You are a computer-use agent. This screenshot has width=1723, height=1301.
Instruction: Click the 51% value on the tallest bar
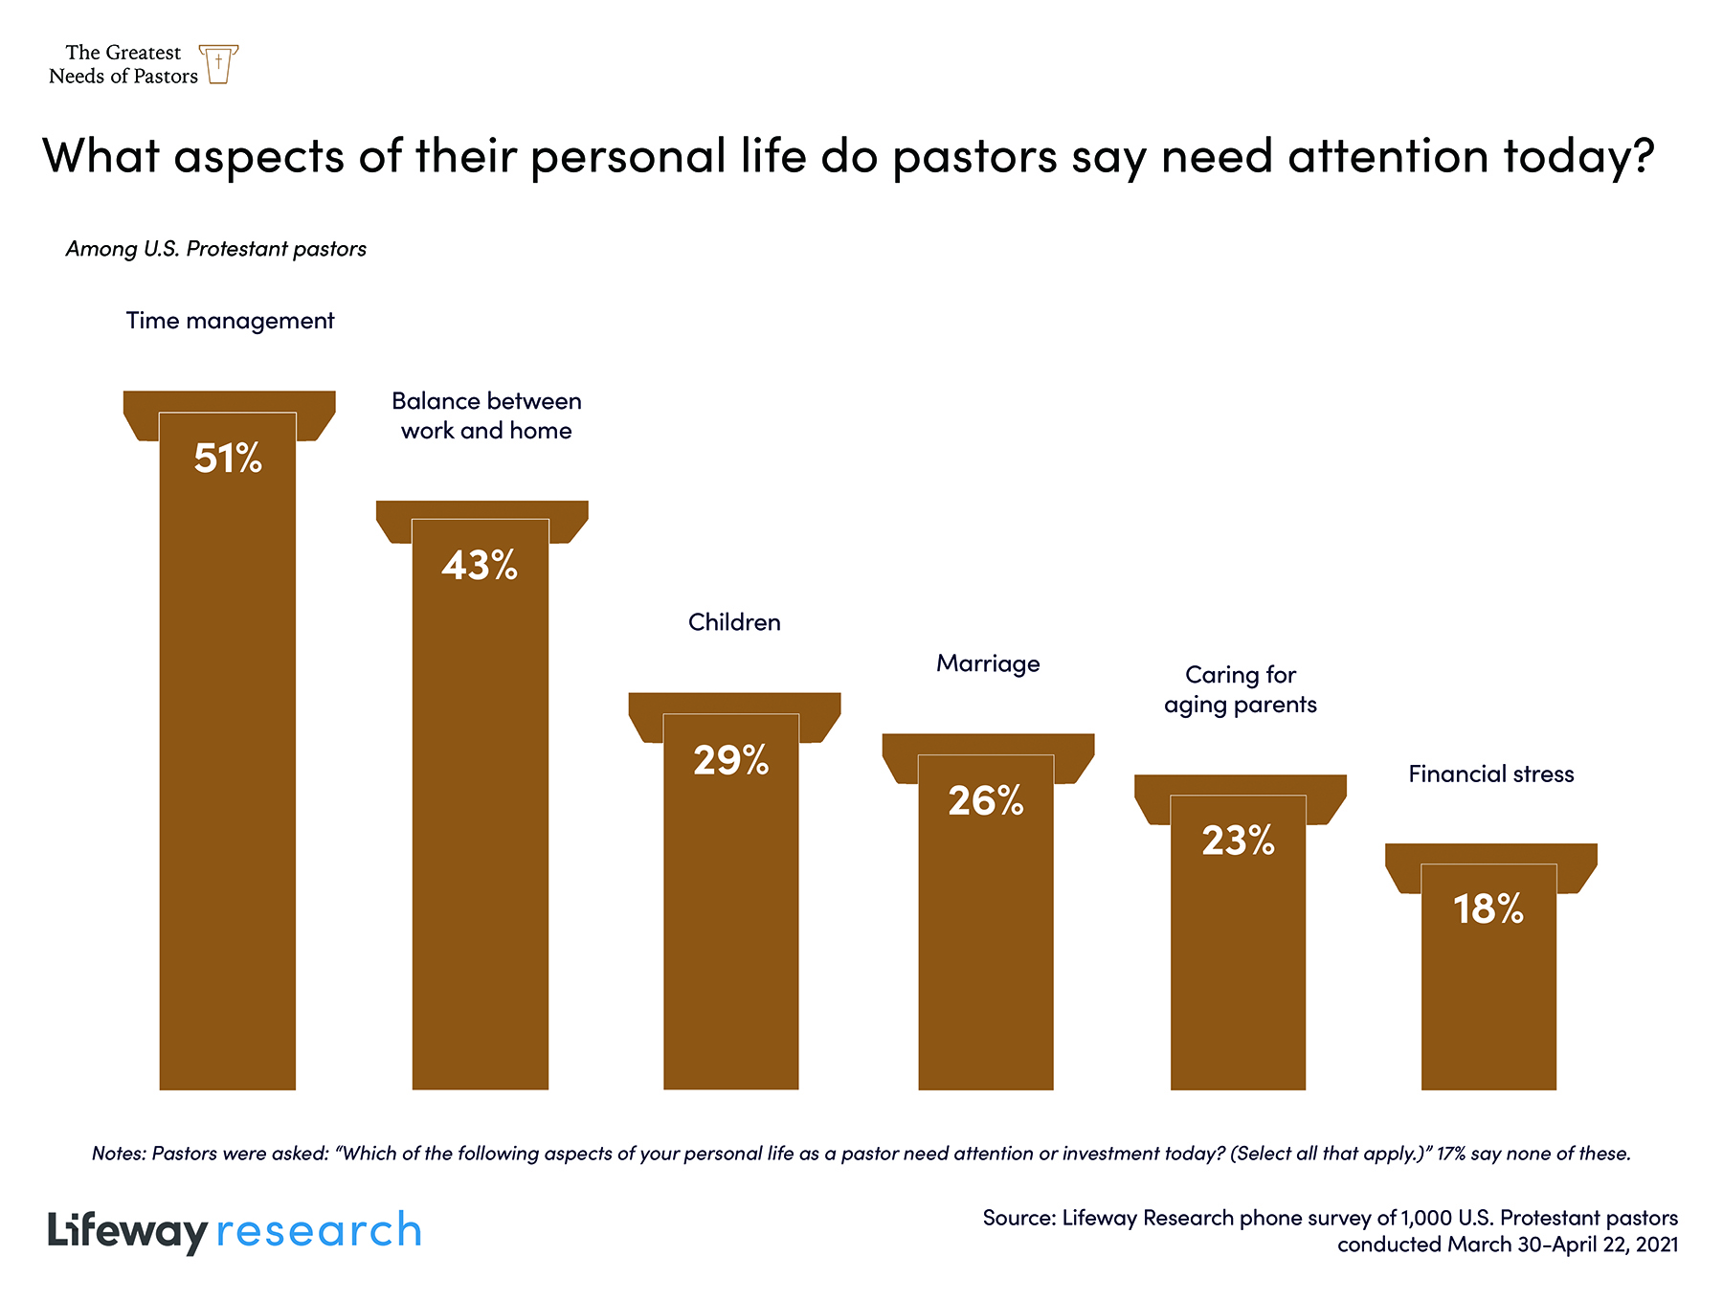pyautogui.click(x=228, y=459)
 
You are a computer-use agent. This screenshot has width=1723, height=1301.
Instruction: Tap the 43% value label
pyautogui.click(x=480, y=566)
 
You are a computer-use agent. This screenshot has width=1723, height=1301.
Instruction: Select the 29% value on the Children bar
pyautogui.click(x=731, y=760)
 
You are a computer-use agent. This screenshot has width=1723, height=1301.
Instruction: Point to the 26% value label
pyautogui.click(x=986, y=801)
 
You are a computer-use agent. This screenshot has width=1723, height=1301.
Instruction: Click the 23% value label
pyautogui.click(x=1238, y=841)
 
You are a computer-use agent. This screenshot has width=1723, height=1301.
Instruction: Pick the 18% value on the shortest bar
pyautogui.click(x=1488, y=909)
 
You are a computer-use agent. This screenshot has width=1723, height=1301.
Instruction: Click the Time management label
pyautogui.click(x=230, y=321)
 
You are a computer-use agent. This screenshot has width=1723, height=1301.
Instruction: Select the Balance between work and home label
pyautogui.click(x=486, y=415)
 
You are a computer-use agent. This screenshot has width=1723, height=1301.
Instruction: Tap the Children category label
pyautogui.click(x=734, y=622)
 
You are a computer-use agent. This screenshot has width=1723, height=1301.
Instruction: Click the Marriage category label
pyautogui.click(x=988, y=663)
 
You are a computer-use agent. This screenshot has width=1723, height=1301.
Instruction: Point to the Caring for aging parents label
pyautogui.click(x=1241, y=689)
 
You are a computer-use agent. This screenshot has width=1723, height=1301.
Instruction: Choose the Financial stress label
pyautogui.click(x=1490, y=774)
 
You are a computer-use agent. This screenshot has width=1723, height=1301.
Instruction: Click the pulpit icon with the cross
pyautogui.click(x=219, y=64)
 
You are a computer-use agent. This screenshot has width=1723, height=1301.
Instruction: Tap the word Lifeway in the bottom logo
pyautogui.click(x=127, y=1231)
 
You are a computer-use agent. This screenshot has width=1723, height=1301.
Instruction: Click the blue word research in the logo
pyautogui.click(x=319, y=1231)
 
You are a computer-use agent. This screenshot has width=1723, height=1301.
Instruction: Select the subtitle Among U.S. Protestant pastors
pyautogui.click(x=216, y=249)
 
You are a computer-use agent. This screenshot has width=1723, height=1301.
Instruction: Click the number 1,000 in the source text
pyautogui.click(x=1426, y=1218)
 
